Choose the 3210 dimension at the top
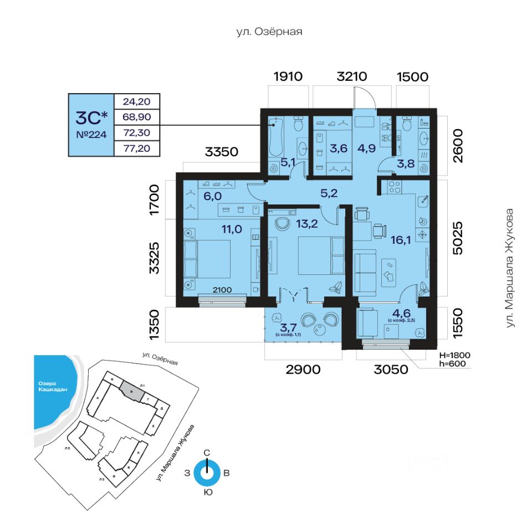click(x=352, y=76)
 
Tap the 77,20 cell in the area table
click(x=136, y=148)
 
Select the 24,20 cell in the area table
click(x=136, y=101)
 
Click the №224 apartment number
click(x=90, y=134)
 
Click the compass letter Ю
click(x=207, y=492)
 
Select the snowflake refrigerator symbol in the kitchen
click(x=422, y=235)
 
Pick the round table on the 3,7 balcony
click(x=321, y=329)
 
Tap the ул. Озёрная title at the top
click(x=269, y=32)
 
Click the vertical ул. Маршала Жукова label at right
click(x=510, y=267)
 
